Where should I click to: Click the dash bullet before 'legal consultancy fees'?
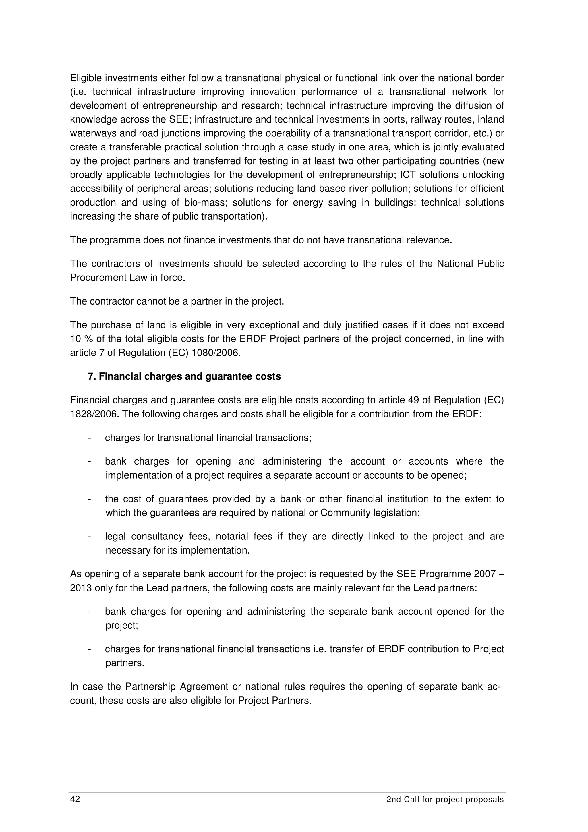tap(89, 536)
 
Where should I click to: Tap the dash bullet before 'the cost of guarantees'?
tap(89, 499)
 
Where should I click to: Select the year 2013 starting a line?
tap(80, 588)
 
